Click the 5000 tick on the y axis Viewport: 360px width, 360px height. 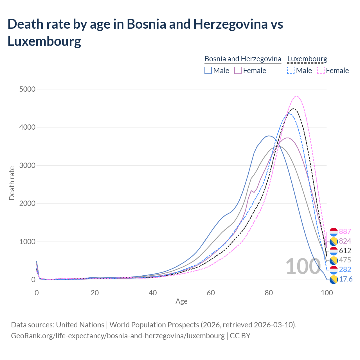pyautogui.click(x=28, y=89)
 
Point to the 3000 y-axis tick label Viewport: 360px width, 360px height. pyautogui.click(x=28, y=165)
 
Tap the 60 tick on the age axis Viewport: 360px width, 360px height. pyautogui.click(x=211, y=293)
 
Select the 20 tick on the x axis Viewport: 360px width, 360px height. pyautogui.click(x=95, y=293)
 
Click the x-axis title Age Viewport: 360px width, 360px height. pyautogui.click(x=181, y=301)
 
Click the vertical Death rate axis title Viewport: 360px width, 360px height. pyautogui.click(x=12, y=183)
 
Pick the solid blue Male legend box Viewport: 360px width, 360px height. pyautogui.click(x=208, y=70)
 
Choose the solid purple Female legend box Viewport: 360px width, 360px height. pyautogui.click(x=238, y=70)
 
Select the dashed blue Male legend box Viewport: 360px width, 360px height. pyautogui.click(x=291, y=70)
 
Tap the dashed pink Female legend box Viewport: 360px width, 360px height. pyautogui.click(x=321, y=70)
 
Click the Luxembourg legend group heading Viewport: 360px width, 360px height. pyautogui.click(x=307, y=59)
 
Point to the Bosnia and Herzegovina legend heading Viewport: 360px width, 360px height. pyautogui.click(x=243, y=59)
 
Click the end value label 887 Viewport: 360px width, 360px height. pyautogui.click(x=345, y=231)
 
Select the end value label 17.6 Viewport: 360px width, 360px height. pyautogui.click(x=346, y=279)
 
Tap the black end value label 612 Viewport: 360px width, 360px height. pyautogui.click(x=345, y=251)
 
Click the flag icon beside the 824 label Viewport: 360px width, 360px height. pyautogui.click(x=334, y=241)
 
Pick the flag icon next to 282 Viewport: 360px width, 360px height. pyautogui.click(x=334, y=270)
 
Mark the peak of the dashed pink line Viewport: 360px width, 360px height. pyautogui.click(x=296, y=96)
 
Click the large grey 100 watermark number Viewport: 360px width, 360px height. pyautogui.click(x=299, y=266)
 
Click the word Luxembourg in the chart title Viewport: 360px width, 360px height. pyautogui.click(x=44, y=41)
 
